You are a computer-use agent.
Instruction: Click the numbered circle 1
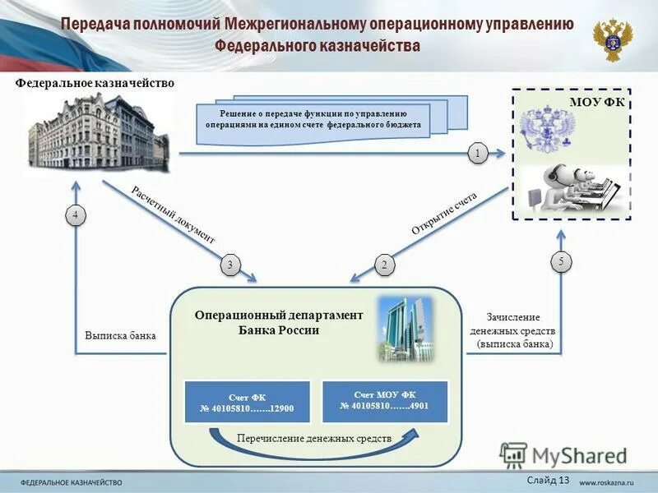coord(478,152)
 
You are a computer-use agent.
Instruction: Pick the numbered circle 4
coord(75,215)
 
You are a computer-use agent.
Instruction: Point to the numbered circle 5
coord(561,262)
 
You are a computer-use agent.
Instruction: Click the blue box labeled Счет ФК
coord(247,402)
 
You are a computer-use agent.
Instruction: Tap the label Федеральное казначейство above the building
coord(95,83)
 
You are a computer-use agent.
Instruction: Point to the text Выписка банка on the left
coord(120,336)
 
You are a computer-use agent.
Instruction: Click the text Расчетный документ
coord(173,214)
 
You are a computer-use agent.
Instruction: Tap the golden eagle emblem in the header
coord(612,39)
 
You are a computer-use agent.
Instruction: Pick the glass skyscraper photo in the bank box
coord(403,329)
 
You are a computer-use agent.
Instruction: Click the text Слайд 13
coord(546,480)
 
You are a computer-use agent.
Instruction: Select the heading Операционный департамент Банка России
coord(278,322)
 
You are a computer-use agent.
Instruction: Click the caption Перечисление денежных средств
coord(313,439)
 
